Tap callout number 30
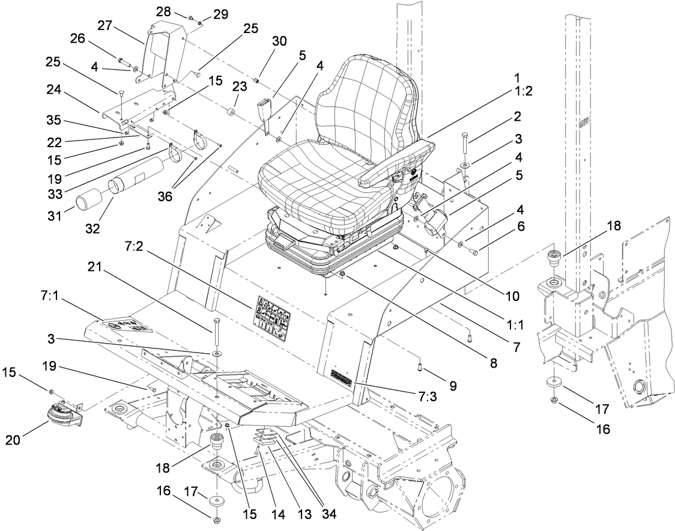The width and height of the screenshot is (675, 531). click(x=279, y=41)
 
